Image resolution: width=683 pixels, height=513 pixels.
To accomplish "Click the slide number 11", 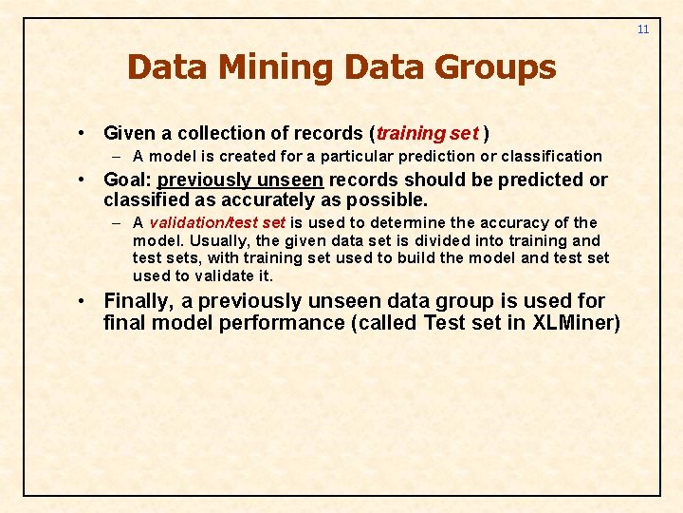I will point(643,29).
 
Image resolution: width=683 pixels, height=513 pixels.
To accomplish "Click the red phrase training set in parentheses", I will point(427,133).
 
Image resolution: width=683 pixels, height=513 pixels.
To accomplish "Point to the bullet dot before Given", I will point(84,133).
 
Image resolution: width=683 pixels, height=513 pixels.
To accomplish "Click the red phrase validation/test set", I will point(217,222).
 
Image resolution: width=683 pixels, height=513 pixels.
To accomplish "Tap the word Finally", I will point(140,301).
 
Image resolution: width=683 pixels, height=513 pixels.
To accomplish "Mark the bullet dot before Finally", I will point(84,301).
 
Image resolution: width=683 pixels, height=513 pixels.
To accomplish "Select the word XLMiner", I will point(575,323).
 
